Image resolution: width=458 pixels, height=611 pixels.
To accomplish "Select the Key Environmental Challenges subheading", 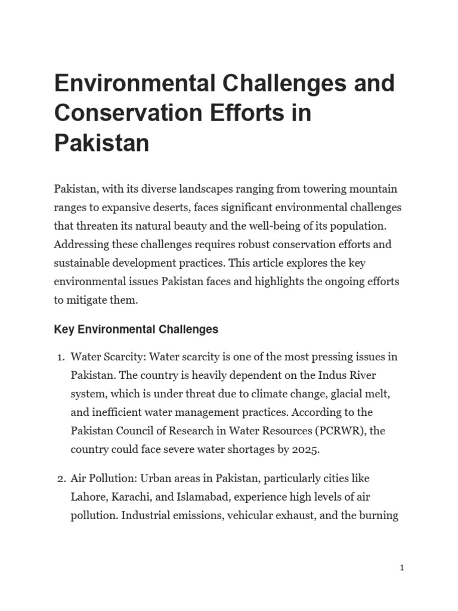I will pos(136,329).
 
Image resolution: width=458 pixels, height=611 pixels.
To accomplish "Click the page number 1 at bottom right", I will pos(402,569).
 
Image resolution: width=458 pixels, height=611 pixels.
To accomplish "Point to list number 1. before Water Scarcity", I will pos(60,357).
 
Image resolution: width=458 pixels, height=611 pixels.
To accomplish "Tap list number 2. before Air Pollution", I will pos(60,479).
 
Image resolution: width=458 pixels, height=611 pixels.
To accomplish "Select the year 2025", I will pos(307,450).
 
